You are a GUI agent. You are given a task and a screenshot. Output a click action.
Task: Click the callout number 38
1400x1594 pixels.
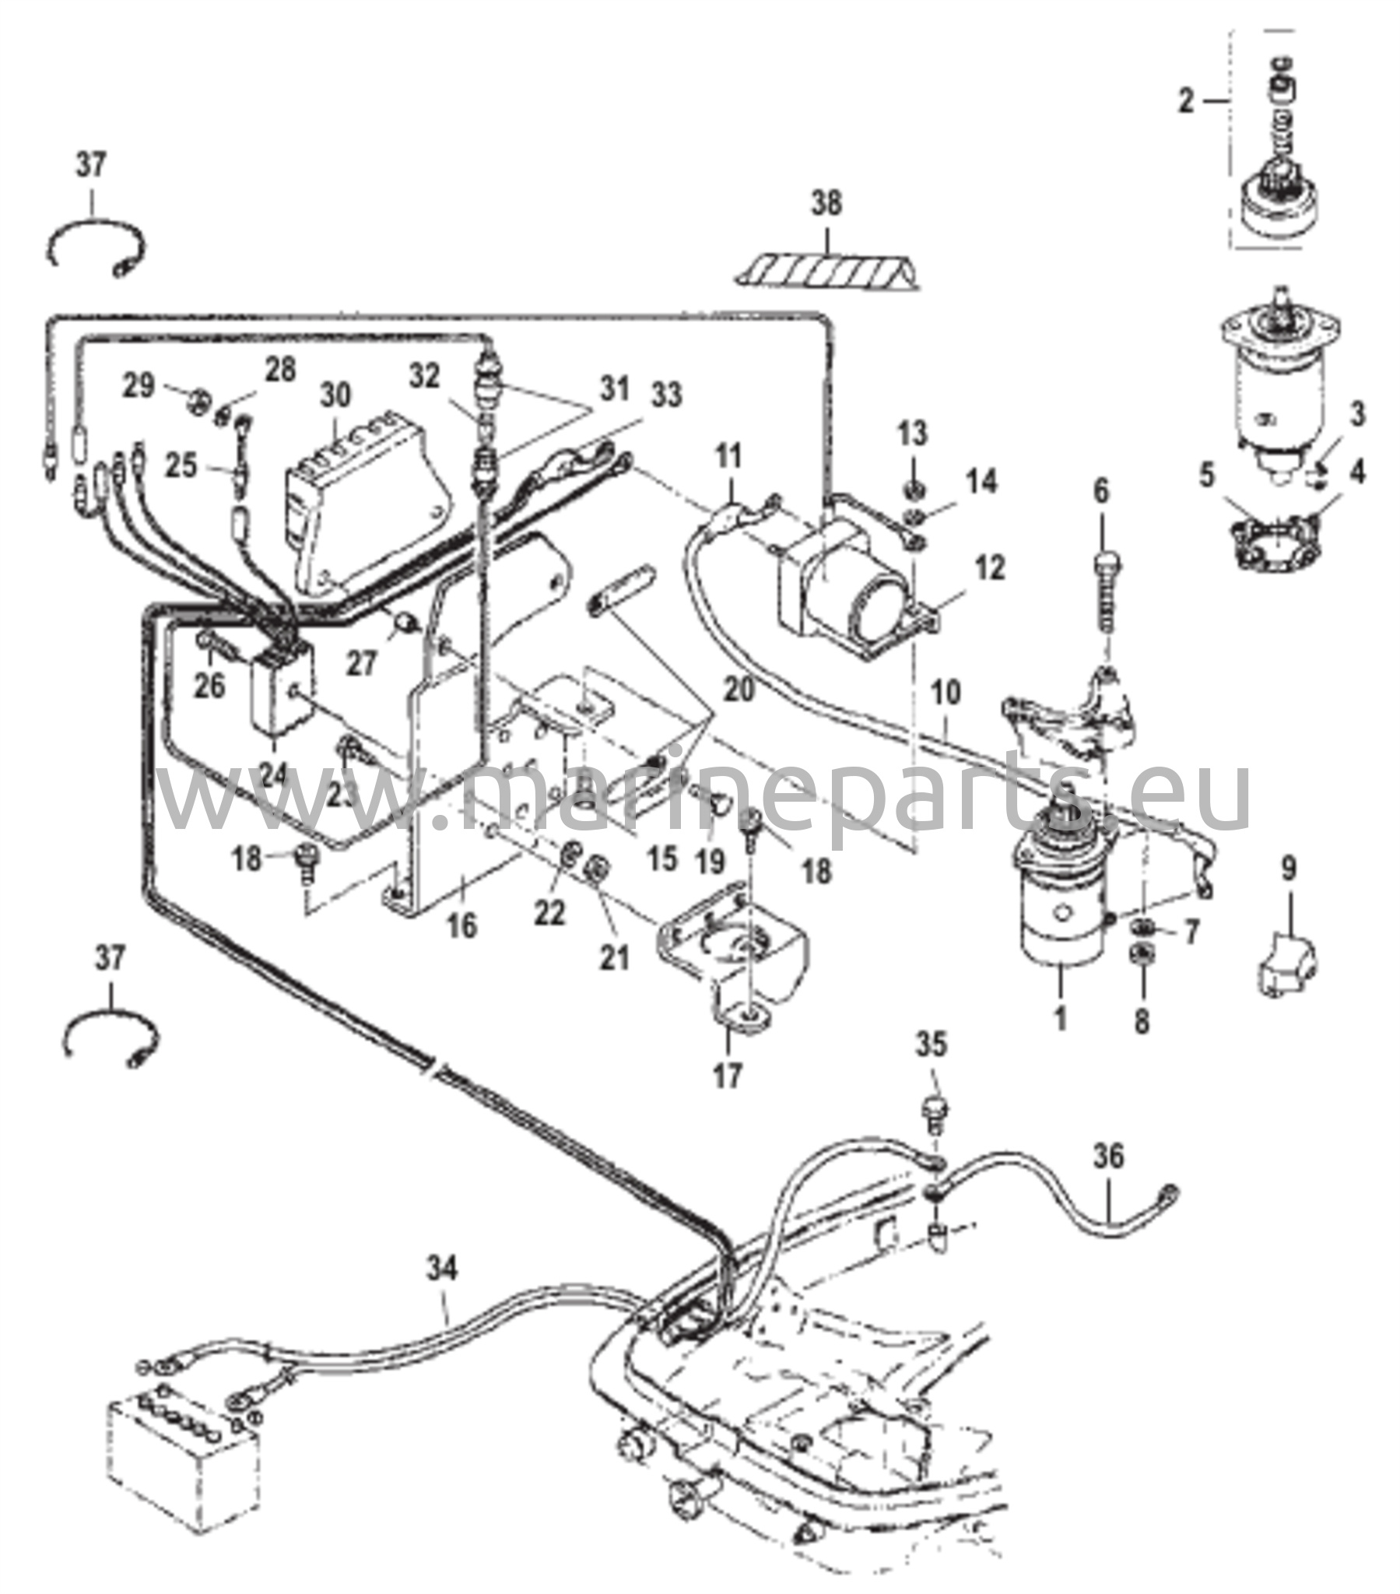point(826,205)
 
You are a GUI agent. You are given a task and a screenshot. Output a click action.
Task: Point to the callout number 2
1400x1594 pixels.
point(1186,100)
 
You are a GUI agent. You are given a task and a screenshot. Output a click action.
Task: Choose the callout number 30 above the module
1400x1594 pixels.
point(336,395)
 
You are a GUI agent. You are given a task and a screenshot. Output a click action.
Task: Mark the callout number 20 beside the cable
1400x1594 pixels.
point(739,690)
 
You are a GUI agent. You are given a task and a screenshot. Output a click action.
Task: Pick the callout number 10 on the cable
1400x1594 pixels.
point(946,693)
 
